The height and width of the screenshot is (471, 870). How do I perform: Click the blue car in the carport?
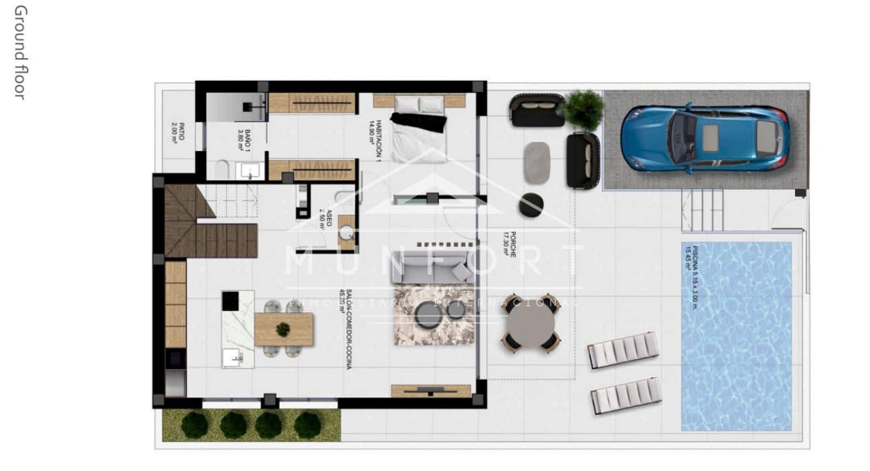[x=704, y=138]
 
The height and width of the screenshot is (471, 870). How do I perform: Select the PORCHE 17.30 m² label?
[x=512, y=244]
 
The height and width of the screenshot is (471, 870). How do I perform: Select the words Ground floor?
[x=20, y=52]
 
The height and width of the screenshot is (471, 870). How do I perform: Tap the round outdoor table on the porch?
[x=530, y=323]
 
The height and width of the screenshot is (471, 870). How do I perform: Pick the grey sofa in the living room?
[x=433, y=268]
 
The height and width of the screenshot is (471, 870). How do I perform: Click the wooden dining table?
[x=283, y=329]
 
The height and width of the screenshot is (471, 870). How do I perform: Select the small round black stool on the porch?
[x=531, y=204]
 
